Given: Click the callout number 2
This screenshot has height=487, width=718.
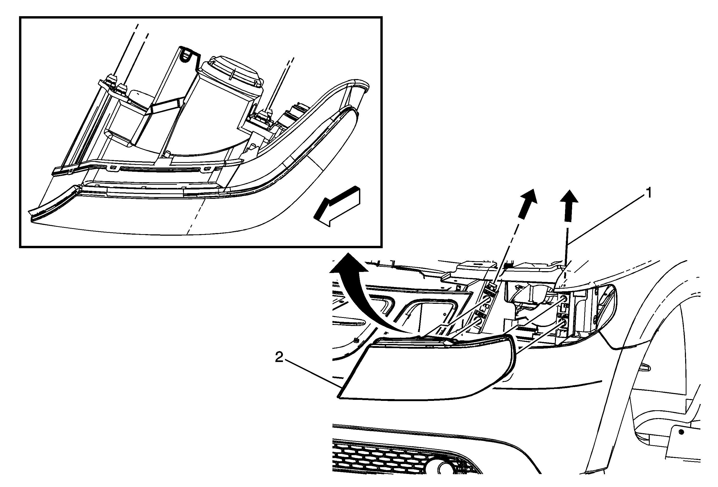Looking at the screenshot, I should click(x=279, y=358).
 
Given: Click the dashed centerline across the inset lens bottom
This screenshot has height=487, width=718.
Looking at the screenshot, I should click(x=196, y=217).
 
